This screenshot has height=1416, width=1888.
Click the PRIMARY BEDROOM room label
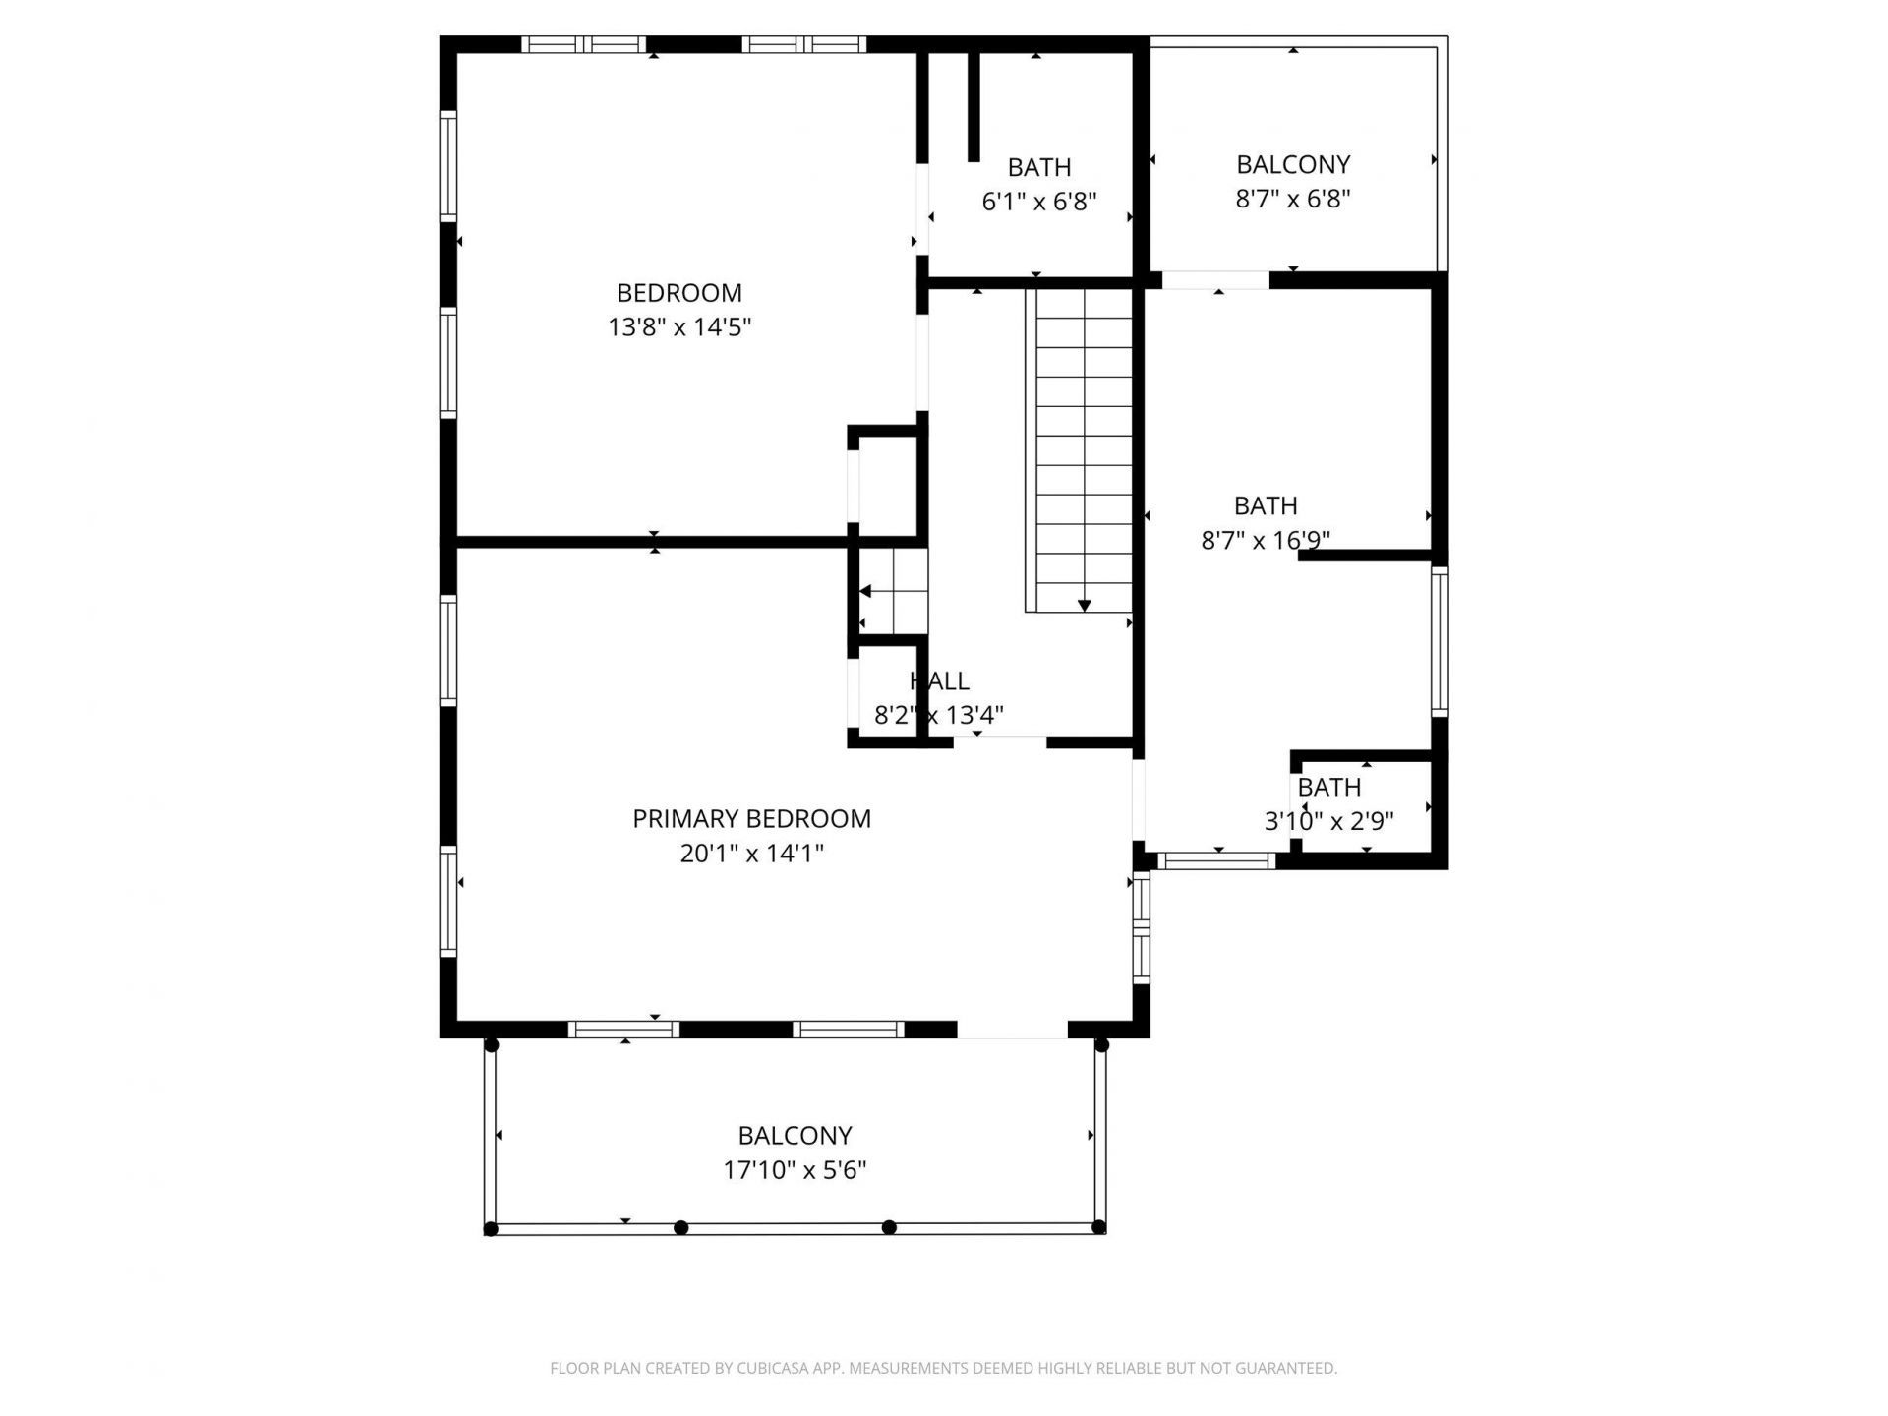751,818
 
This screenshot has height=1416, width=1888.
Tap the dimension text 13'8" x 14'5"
679,327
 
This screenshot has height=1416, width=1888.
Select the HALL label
939,680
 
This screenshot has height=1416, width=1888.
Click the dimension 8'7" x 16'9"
1266,540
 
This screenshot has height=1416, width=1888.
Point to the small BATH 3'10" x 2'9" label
1328,788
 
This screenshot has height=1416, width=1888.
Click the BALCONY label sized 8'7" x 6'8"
1293,164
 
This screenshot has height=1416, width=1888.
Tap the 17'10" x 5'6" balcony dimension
795,1170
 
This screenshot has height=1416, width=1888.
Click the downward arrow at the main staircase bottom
1084,606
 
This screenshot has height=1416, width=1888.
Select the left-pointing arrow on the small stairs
865,591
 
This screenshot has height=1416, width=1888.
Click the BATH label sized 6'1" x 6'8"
1039,167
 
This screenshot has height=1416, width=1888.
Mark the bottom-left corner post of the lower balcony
492,1229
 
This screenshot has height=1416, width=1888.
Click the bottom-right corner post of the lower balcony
1099,1227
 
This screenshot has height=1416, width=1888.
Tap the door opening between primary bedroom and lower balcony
1012,1030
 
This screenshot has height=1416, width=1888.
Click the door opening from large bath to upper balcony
1215,280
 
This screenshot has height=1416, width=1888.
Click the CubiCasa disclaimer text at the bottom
943,1368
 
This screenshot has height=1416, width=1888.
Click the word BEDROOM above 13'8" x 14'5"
679,293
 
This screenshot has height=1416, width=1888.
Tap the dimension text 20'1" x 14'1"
751,854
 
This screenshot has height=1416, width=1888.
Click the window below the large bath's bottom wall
1216,861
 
